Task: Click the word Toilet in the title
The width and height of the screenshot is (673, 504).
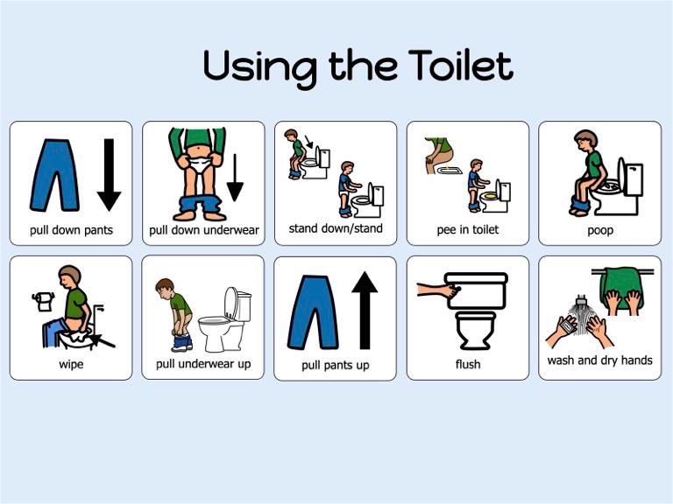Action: (459, 65)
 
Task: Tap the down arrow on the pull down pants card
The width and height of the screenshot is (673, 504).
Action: (109, 175)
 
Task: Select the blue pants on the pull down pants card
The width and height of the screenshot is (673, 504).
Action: (53, 175)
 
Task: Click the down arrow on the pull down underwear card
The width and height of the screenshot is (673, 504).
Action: (235, 178)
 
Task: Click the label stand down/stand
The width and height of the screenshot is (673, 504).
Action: (336, 229)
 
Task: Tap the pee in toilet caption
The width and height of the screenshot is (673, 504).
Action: (468, 230)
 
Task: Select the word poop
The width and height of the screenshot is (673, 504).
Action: (600, 231)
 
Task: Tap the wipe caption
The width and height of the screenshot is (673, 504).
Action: (71, 364)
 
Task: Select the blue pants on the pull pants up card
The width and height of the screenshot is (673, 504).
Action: (313, 311)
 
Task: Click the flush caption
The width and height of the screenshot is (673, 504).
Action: (468, 364)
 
